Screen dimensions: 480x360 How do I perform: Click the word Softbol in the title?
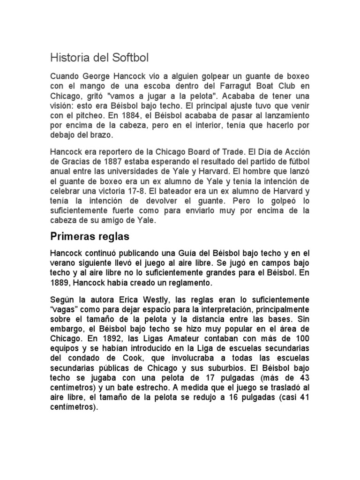tap(129, 58)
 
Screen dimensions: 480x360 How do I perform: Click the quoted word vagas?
tap(64, 309)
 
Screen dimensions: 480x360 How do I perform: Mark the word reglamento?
tap(187, 283)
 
